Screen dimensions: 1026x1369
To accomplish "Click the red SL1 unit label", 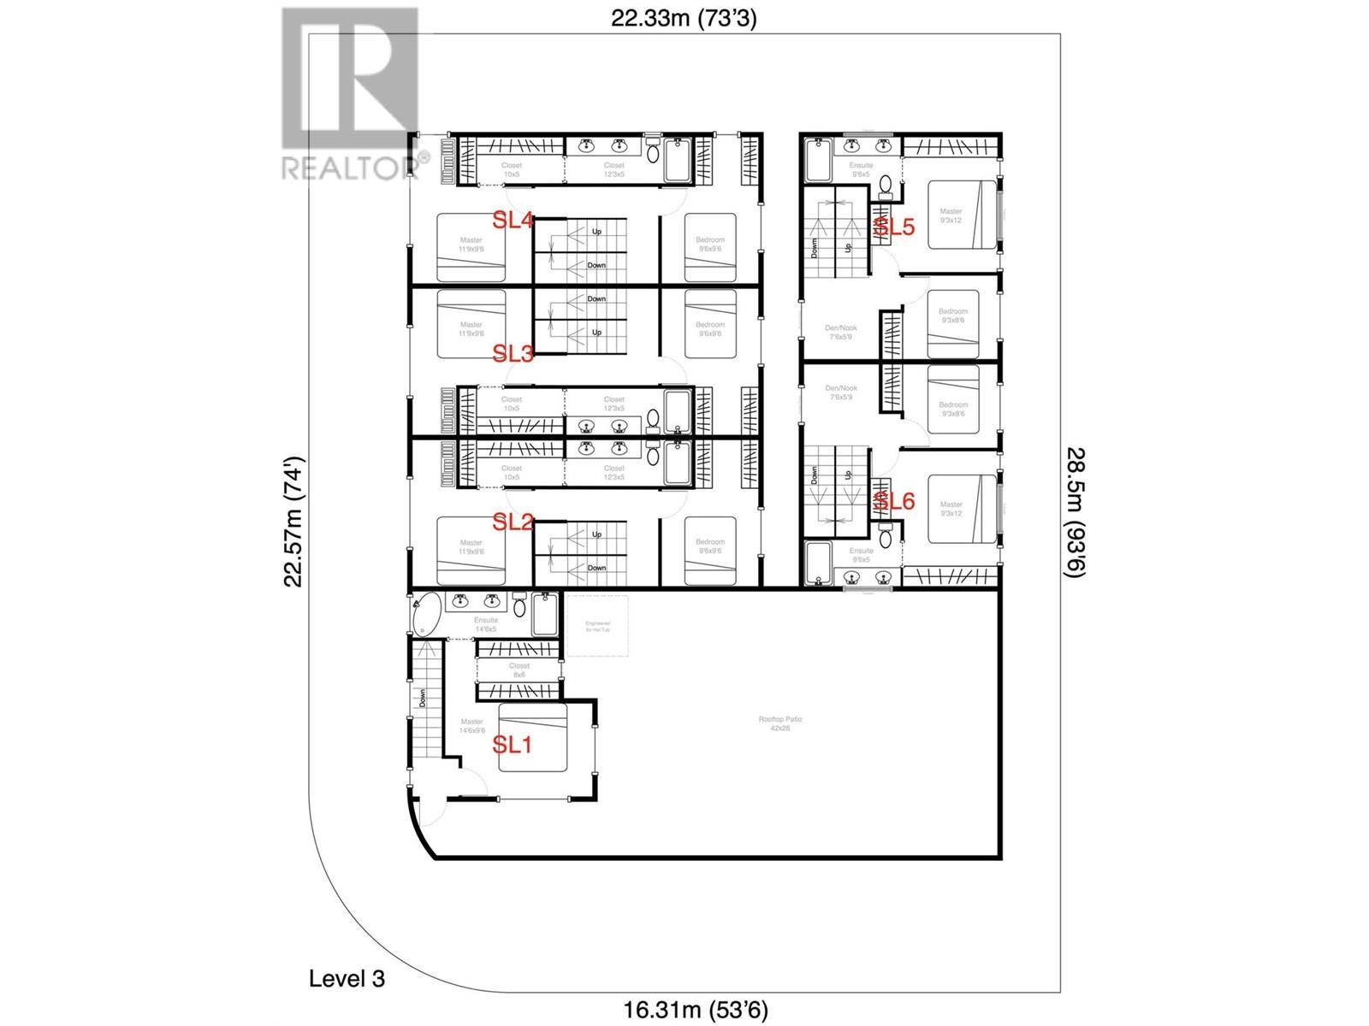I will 513,745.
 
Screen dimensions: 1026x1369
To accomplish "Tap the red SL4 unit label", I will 513,221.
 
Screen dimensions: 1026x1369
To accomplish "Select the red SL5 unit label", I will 894,227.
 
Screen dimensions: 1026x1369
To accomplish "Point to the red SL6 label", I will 894,502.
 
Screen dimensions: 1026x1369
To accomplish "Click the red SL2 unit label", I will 513,522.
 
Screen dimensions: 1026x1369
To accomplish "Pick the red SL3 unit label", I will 513,353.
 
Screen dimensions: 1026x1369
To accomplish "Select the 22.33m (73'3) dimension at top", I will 684,19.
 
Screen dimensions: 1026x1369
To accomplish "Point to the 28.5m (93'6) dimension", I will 1076,513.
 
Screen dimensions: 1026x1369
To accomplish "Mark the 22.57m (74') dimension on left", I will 294,522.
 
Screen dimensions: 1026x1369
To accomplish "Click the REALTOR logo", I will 350,93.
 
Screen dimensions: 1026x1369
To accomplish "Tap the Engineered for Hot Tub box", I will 596,626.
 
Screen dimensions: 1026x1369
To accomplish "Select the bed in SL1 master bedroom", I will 533,738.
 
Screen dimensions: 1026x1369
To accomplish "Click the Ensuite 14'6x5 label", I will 485,625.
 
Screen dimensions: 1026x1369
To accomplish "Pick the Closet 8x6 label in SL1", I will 519,670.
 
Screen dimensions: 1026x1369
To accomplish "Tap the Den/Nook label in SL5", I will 841,332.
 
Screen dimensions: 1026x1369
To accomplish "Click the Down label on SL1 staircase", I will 423,699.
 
